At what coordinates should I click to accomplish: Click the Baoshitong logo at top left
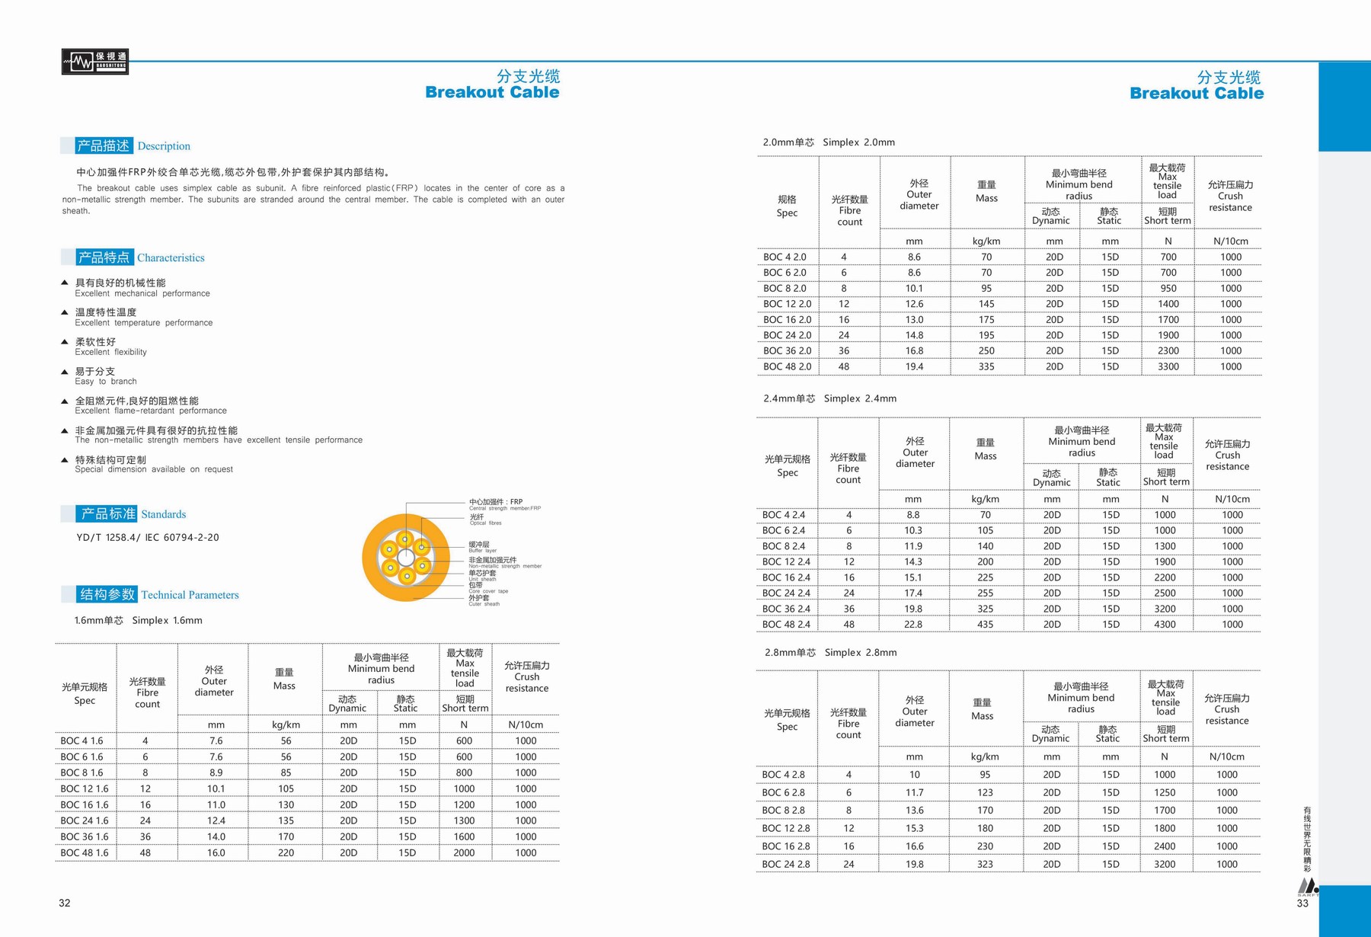94,61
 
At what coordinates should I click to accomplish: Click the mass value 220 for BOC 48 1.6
286,852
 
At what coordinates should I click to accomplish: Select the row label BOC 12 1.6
85,788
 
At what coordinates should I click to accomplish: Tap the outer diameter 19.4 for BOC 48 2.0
914,366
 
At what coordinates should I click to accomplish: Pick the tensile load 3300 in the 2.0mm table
1168,366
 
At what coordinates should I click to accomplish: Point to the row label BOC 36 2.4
786,609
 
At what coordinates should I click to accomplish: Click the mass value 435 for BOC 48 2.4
985,624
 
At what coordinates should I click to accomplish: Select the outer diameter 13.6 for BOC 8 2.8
914,810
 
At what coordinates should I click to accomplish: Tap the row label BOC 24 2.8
786,864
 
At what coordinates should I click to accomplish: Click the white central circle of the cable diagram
406,558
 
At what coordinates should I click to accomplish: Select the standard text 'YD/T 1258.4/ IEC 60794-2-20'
148,537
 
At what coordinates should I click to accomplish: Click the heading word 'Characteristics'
171,257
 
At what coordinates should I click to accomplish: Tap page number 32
65,903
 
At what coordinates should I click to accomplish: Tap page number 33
1302,903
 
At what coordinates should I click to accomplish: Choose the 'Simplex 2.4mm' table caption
860,398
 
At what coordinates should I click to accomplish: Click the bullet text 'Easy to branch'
106,381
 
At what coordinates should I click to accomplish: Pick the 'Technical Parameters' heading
190,595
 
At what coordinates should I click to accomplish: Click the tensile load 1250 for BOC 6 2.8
1164,792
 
